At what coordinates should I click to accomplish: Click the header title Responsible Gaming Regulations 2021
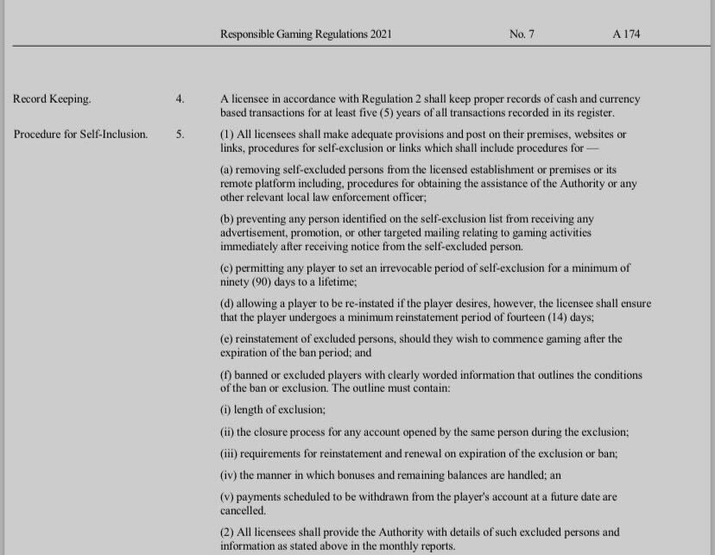click(x=306, y=35)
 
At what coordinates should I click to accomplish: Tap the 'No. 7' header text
click(x=522, y=35)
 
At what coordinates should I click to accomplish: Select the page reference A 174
click(x=626, y=35)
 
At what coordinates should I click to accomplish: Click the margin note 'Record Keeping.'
click(x=52, y=99)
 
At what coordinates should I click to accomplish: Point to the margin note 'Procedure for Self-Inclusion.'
click(x=80, y=135)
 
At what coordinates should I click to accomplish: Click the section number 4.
click(x=180, y=99)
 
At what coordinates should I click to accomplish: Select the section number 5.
click(x=180, y=135)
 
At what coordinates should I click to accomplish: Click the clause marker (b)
click(x=228, y=219)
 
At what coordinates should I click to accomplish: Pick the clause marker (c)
click(x=228, y=268)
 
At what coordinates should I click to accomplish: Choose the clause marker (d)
click(x=228, y=303)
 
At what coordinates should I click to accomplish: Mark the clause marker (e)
click(x=228, y=338)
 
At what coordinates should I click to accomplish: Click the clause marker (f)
click(x=227, y=375)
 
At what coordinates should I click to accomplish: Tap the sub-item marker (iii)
click(x=231, y=453)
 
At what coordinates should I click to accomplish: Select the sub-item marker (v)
click(x=229, y=497)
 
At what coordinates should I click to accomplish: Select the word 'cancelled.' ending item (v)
click(x=242, y=511)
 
